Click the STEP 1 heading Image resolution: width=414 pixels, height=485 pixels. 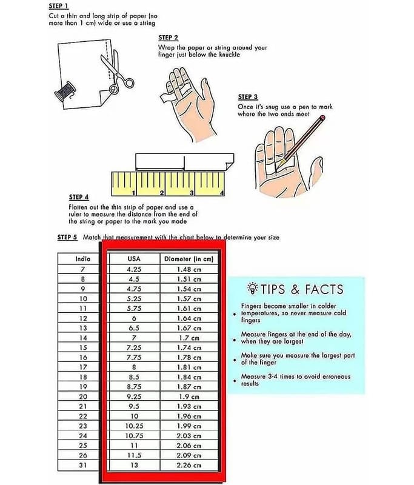[x=59, y=6]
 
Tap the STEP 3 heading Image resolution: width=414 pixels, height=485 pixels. [x=248, y=97]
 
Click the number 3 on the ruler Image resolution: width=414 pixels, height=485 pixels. [x=192, y=193]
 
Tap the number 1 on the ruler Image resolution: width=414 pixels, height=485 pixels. [x=133, y=193]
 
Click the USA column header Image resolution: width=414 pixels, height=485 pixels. [x=134, y=259]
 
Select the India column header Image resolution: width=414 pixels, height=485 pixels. [x=83, y=259]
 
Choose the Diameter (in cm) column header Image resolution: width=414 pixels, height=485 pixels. [x=189, y=259]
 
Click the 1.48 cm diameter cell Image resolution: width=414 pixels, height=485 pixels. [x=189, y=269]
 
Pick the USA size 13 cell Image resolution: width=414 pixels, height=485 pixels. [x=134, y=465]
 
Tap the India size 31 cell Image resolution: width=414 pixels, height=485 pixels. [x=83, y=465]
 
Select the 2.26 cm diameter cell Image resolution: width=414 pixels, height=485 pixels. [x=189, y=465]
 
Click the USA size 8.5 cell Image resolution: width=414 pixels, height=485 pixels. [x=134, y=377]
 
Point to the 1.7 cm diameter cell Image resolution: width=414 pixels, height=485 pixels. [x=189, y=338]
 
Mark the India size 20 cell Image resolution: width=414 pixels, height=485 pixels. [x=83, y=396]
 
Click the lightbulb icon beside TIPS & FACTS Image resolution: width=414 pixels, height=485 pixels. [x=253, y=289]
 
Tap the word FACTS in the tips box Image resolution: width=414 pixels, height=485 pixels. [x=324, y=289]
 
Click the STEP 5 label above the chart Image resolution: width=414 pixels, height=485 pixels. [x=67, y=237]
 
